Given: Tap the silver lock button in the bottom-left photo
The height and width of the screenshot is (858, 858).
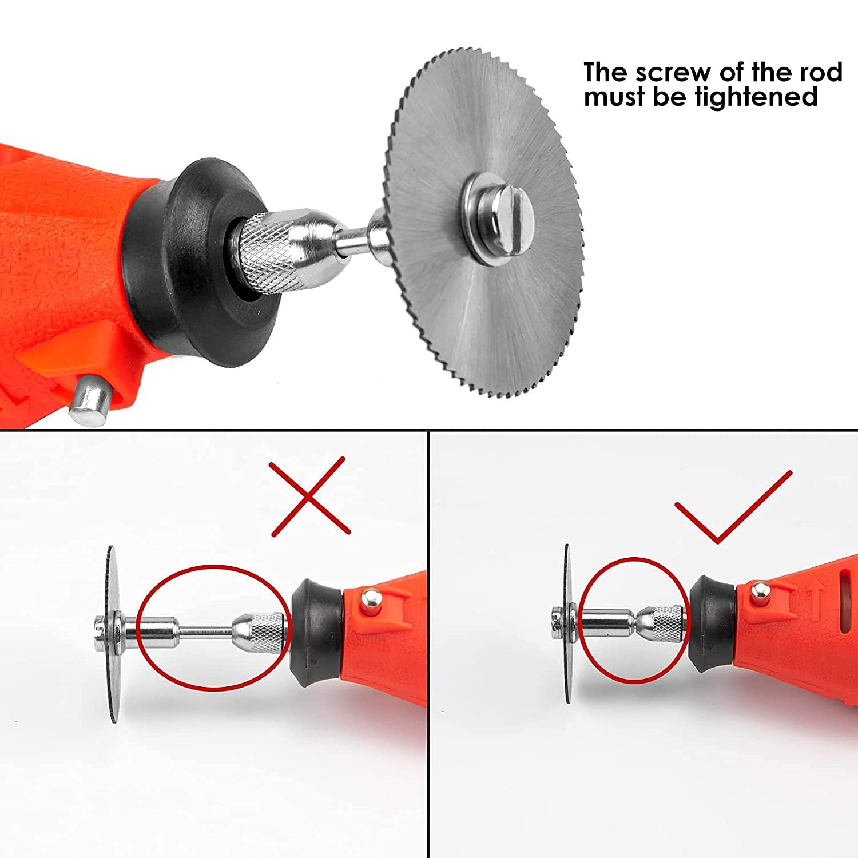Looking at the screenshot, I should pyautogui.click(x=370, y=600).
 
